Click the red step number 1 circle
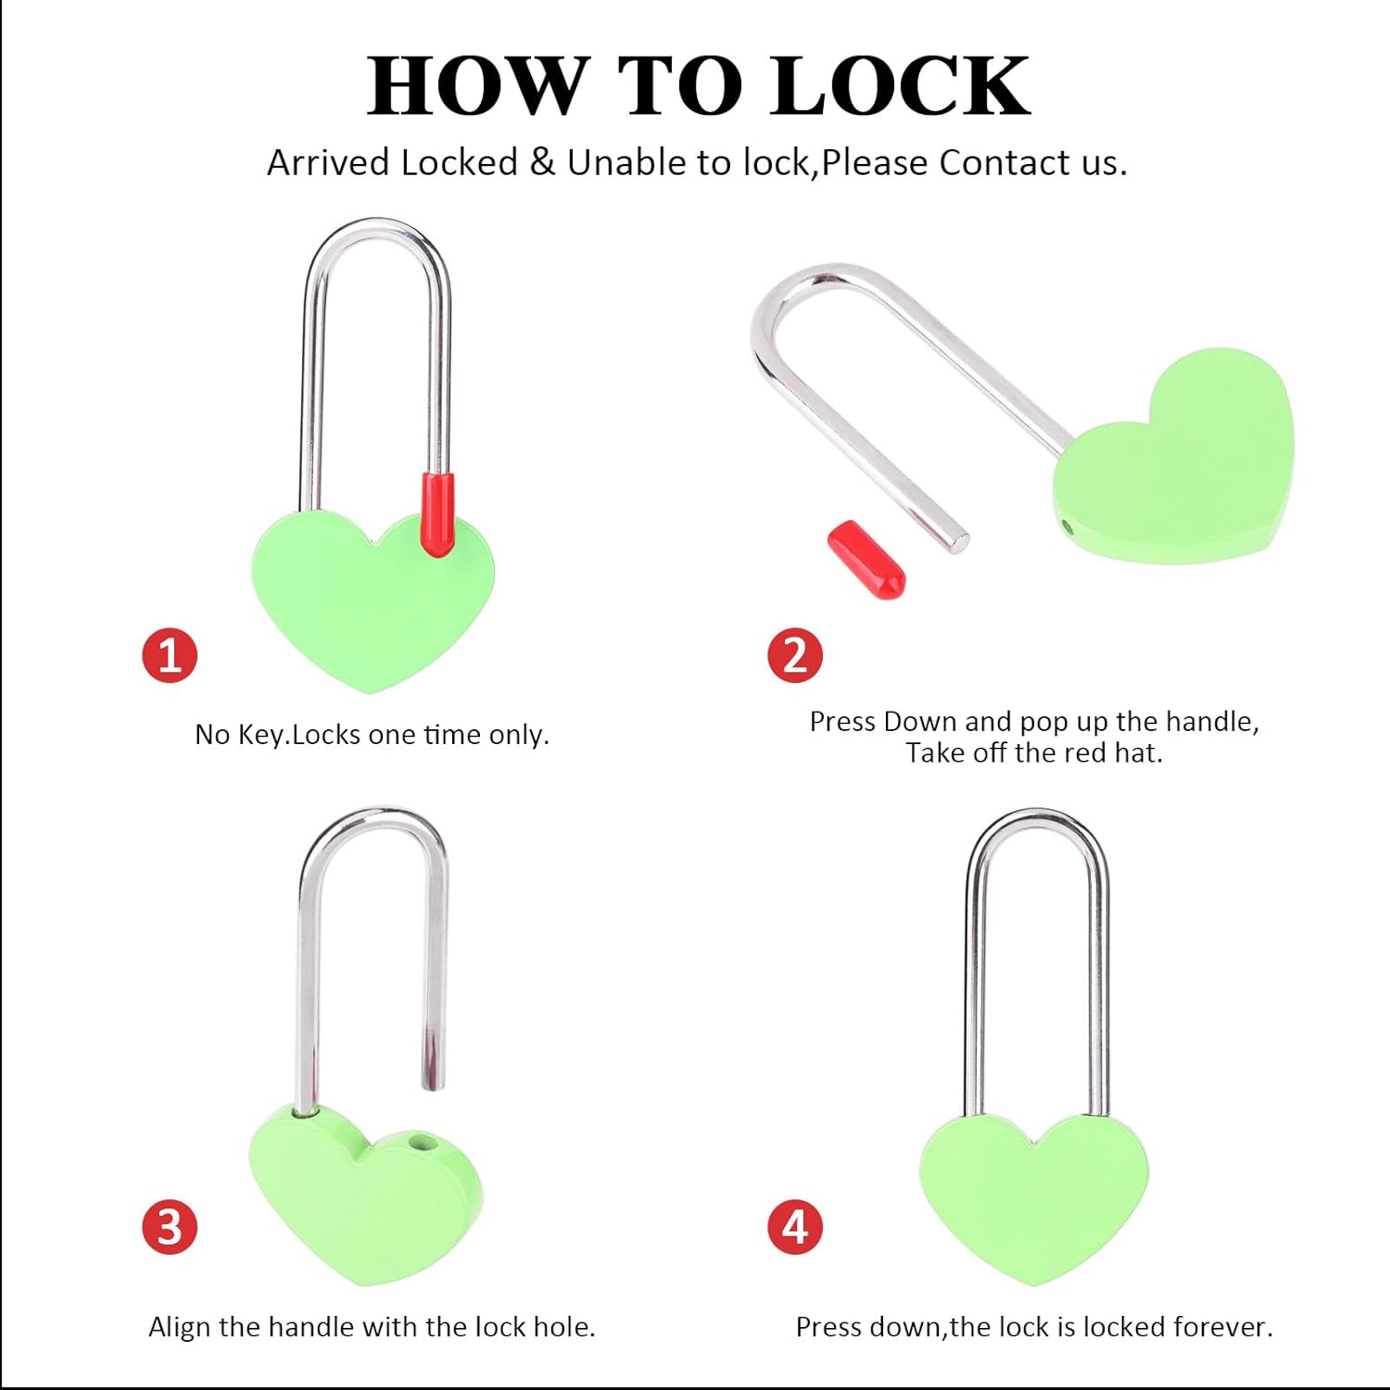[x=170, y=655]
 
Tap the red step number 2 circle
[x=795, y=655]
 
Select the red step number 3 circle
[x=170, y=1226]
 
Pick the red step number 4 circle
[x=795, y=1226]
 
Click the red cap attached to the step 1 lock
[x=438, y=514]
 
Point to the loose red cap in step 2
[x=866, y=560]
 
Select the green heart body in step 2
[x=1175, y=459]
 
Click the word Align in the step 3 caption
[x=180, y=1327]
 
